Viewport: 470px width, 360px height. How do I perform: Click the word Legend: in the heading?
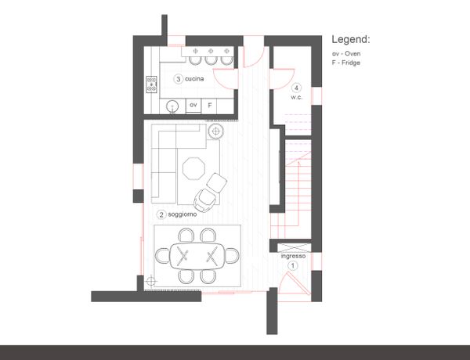click(x=351, y=40)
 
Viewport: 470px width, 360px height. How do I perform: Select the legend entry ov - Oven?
click(x=346, y=54)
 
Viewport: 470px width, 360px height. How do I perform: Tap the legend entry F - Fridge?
click(x=346, y=63)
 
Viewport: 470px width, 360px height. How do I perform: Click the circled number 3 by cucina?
click(x=179, y=79)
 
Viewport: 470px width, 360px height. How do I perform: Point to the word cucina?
click(x=194, y=79)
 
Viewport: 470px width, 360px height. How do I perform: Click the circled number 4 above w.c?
click(x=296, y=88)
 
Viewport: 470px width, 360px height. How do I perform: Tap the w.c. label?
click(x=296, y=97)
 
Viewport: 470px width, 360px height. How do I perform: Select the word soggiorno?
click(x=183, y=214)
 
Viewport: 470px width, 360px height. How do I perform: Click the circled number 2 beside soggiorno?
click(x=161, y=214)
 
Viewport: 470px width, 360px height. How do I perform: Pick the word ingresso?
click(x=293, y=257)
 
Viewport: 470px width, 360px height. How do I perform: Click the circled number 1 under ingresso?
click(x=292, y=265)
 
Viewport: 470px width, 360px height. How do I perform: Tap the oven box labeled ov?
click(x=193, y=106)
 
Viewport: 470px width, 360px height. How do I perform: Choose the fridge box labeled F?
click(x=209, y=106)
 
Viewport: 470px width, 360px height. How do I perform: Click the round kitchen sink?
click(x=172, y=106)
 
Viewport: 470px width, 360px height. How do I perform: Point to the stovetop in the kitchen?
click(x=151, y=85)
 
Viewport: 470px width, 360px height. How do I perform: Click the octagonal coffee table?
click(x=194, y=168)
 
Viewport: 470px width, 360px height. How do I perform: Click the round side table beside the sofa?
click(x=215, y=131)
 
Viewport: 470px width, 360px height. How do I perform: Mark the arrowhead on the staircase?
click(x=298, y=164)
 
